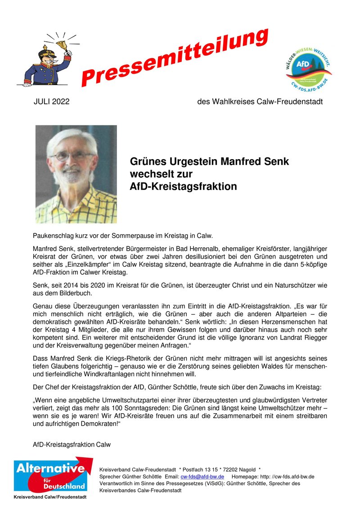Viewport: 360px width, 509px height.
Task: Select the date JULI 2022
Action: (x=52, y=102)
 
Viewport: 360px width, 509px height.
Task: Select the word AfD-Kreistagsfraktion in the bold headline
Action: (x=183, y=186)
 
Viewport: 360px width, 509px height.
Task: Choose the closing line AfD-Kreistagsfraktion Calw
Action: (x=72, y=445)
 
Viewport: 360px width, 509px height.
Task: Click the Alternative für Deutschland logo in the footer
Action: (x=49, y=476)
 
